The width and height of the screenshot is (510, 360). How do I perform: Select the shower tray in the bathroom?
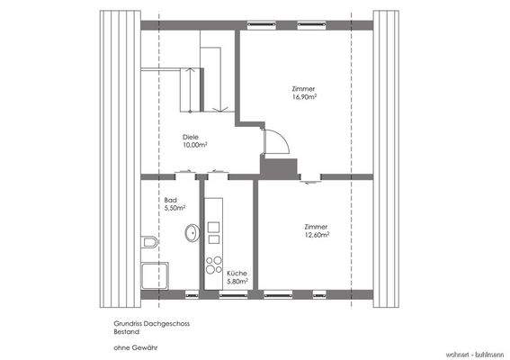click(155, 275)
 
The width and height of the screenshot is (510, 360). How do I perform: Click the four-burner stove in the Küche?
click(215, 265)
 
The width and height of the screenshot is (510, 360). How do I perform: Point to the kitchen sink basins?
click(214, 233)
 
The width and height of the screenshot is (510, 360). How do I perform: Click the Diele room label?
click(191, 137)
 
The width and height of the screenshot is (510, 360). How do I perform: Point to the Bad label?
click(171, 200)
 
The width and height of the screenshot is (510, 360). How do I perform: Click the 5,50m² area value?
click(174, 208)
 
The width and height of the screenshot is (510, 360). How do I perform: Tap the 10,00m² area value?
click(195, 145)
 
